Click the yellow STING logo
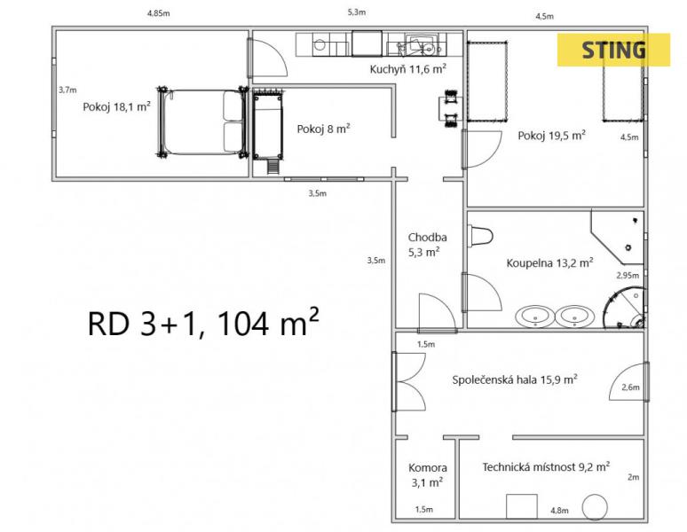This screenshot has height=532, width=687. coord(613,50)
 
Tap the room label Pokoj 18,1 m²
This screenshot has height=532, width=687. coord(117,106)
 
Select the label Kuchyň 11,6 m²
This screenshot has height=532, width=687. coord(408,68)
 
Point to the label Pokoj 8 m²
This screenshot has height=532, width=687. coord(323,129)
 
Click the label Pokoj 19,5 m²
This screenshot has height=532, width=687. coord(551,135)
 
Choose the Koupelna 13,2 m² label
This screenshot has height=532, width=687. coord(549,262)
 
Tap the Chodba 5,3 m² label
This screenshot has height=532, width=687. coord(426,245)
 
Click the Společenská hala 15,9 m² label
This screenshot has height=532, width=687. coord(515,379)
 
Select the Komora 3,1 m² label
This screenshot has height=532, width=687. coord(427,475)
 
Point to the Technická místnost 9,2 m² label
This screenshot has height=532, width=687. coord(546,466)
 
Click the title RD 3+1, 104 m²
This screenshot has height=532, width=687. coord(203,323)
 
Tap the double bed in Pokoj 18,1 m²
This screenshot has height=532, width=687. coord(203,122)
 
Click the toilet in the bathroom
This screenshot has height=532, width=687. coord(481,236)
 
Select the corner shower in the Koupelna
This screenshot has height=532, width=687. coord(623,308)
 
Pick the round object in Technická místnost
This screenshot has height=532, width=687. coord(595,507)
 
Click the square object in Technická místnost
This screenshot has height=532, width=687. coord(522,506)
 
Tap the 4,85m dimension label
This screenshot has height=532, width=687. coord(159,13)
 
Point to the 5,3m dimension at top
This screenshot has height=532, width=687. coord(357,12)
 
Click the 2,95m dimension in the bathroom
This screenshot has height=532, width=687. coord(628,275)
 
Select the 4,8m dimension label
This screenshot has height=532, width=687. coord(559,511)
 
